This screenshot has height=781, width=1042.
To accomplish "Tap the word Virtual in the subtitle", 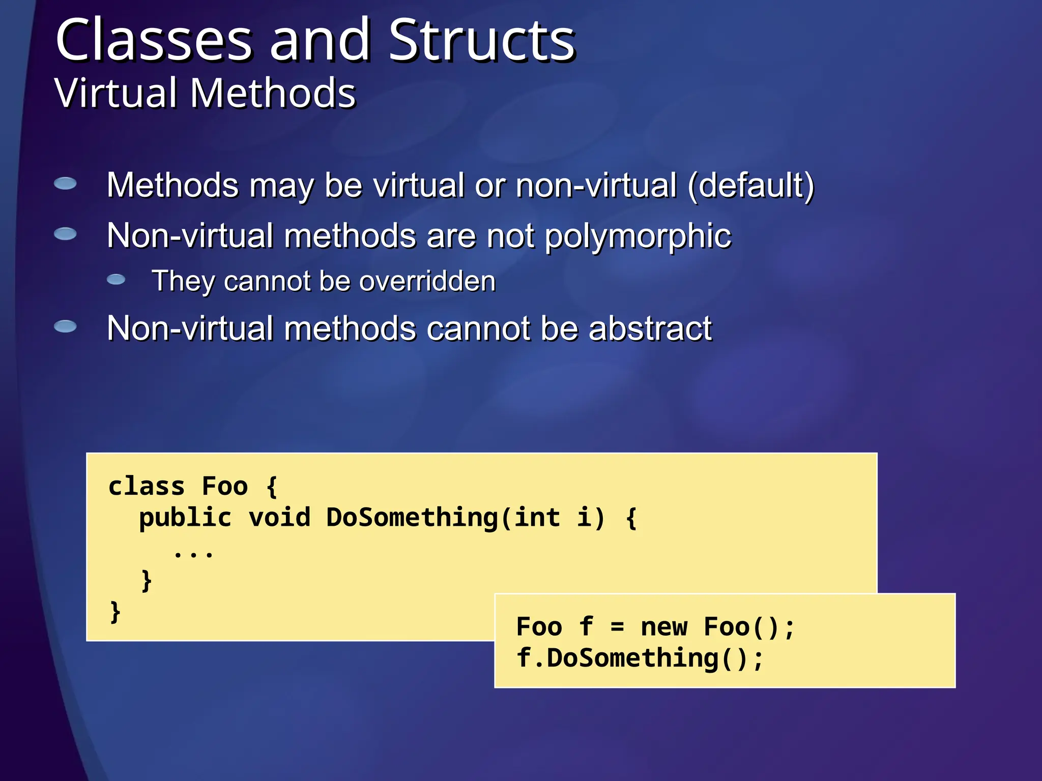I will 115,94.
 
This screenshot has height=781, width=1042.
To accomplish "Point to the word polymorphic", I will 638,236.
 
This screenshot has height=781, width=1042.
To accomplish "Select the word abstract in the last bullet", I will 650,328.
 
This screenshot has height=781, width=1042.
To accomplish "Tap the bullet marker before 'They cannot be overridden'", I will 116,279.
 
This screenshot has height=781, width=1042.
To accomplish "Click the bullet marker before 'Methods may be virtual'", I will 65,183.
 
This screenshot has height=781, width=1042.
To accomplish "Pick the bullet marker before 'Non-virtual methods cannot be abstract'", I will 65,326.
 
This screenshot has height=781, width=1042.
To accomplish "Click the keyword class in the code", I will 147,486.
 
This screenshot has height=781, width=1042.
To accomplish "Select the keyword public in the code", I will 185,518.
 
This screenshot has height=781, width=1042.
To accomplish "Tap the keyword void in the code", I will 279,518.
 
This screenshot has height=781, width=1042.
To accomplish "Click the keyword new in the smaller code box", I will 664,626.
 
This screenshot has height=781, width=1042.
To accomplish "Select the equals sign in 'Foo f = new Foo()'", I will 617,627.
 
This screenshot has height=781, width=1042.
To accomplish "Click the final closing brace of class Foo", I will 115,612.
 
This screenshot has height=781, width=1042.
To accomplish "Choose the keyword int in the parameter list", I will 537,518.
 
